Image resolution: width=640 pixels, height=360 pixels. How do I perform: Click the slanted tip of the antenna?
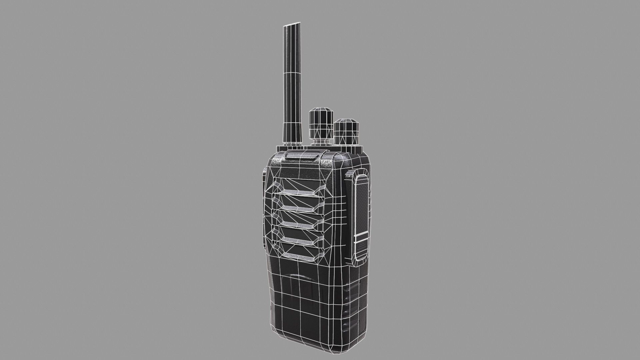(293, 25)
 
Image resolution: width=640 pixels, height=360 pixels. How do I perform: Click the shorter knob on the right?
(347, 131)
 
